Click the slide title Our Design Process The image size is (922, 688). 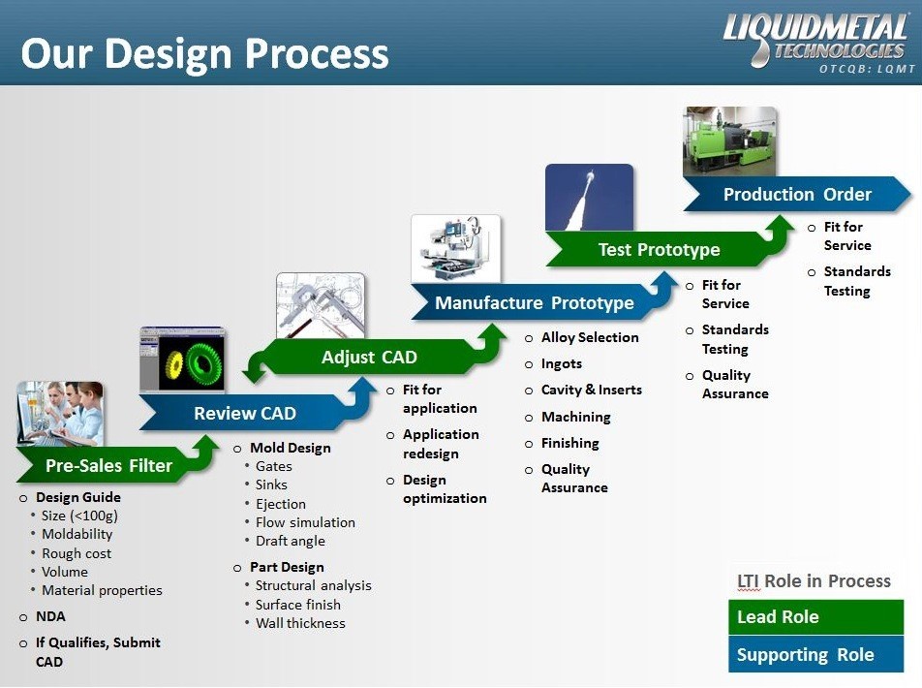(204, 54)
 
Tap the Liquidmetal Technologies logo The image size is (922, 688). (814, 36)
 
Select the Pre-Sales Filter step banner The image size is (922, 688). (108, 466)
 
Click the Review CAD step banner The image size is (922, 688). (244, 414)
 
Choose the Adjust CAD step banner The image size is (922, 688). (369, 358)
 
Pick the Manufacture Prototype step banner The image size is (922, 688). (534, 303)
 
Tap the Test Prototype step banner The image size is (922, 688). (659, 250)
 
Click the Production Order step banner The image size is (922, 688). (796, 195)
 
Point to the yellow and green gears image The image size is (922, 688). (183, 360)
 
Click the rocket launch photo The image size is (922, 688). (589, 198)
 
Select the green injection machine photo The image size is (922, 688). (729, 141)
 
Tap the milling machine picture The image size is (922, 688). (456, 249)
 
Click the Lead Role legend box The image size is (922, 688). (815, 617)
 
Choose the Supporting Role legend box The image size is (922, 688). (815, 655)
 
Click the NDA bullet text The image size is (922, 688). (50, 616)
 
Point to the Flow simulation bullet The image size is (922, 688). (305, 522)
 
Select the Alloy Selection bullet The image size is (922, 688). (590, 337)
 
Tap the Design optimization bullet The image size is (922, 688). (445, 489)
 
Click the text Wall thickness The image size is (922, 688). (300, 623)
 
